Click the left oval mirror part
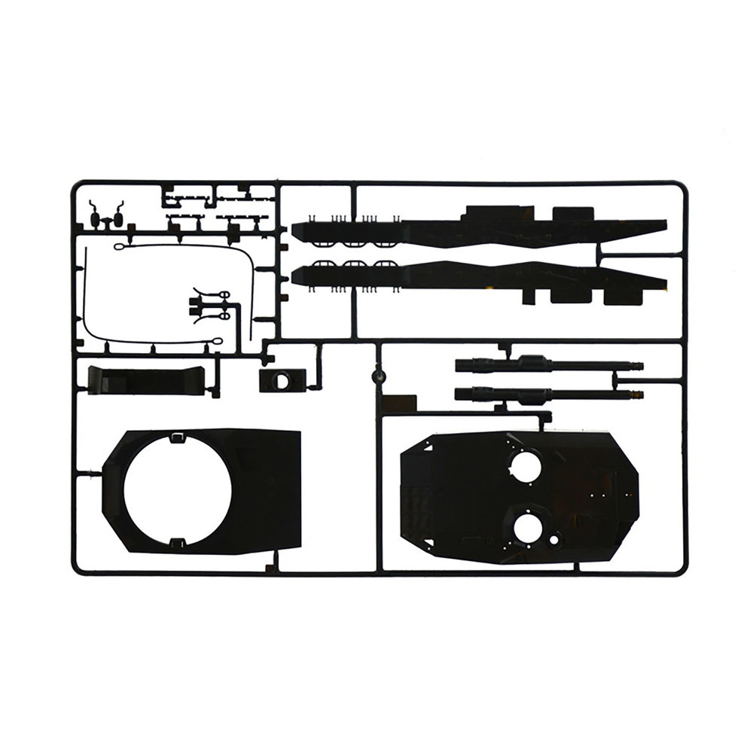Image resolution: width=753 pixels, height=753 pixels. click(x=95, y=219)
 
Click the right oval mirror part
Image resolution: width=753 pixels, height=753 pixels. click(x=117, y=219)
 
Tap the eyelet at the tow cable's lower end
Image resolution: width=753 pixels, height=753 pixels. click(x=217, y=341)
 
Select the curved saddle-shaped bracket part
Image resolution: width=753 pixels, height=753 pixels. click(x=147, y=380)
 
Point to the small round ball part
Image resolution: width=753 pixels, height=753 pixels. click(x=379, y=374)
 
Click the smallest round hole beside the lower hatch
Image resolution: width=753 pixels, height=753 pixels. click(x=555, y=539)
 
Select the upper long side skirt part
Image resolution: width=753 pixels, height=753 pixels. click(x=482, y=226)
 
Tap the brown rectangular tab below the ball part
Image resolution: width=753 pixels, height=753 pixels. click(x=398, y=404)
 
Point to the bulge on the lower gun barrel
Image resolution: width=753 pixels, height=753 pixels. click(x=535, y=394)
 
